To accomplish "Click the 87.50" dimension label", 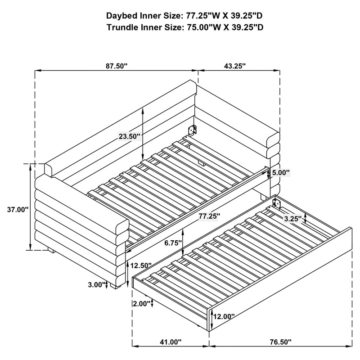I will pyautogui.click(x=117, y=66).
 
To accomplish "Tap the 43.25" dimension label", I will pyautogui.click(x=234, y=66).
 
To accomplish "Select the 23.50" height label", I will pyautogui.click(x=129, y=135).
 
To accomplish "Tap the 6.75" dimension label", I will pyautogui.click(x=173, y=243).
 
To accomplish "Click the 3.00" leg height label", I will pyautogui.click(x=97, y=284).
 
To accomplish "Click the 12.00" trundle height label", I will pyautogui.click(x=224, y=316).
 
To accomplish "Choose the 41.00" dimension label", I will pyautogui.click(x=171, y=342).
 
